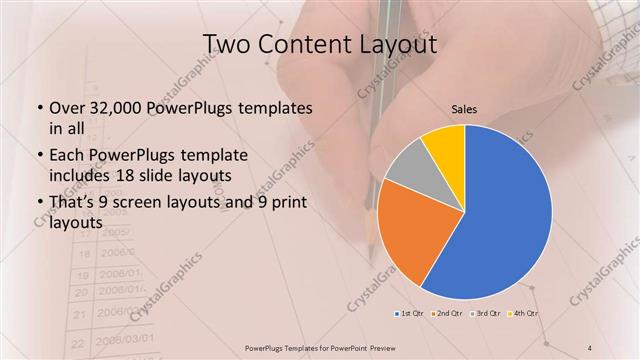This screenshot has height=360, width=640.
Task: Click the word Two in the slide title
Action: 228,44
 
